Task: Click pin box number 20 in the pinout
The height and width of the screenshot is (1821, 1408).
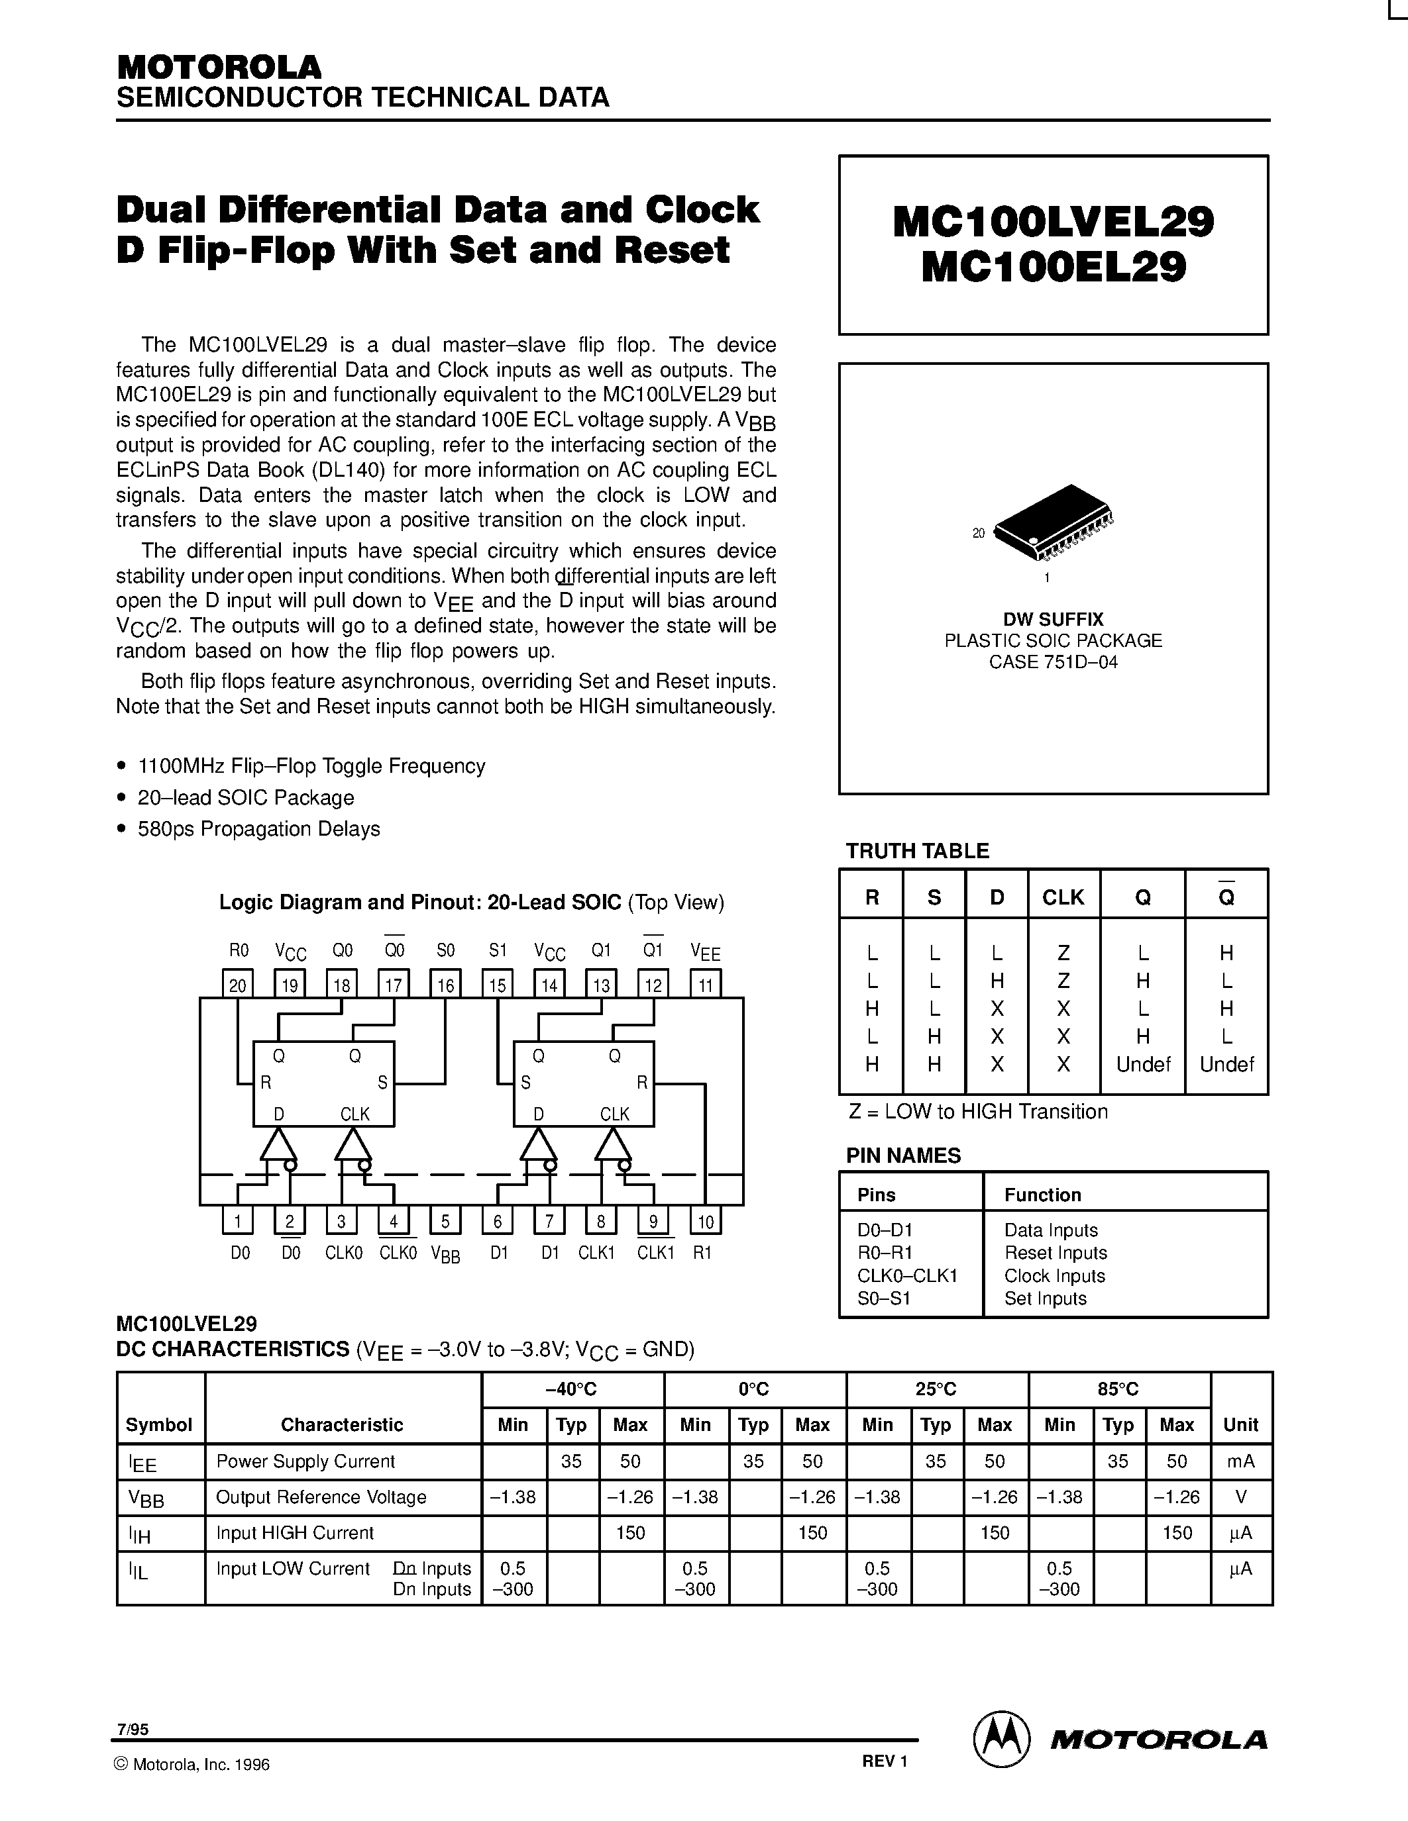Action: pos(238,985)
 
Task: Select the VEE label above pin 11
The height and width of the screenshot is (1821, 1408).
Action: pos(706,952)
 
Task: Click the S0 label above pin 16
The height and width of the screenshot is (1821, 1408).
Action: pos(445,950)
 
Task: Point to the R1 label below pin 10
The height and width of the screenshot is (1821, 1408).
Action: pos(702,1252)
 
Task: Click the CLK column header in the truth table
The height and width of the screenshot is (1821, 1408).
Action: pos(1063,897)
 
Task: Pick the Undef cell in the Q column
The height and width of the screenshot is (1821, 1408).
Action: pos(1144,1065)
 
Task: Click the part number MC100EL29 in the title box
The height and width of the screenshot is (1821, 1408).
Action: pos(1054,268)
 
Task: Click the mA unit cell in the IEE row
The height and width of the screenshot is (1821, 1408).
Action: pos(1240,1461)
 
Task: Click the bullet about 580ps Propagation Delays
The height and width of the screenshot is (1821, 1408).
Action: pos(258,829)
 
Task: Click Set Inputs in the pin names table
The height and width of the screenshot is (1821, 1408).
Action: pos(1045,1299)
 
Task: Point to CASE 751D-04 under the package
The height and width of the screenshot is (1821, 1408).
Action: pos(1053,662)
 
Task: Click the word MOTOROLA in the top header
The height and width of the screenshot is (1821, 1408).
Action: pos(219,67)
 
